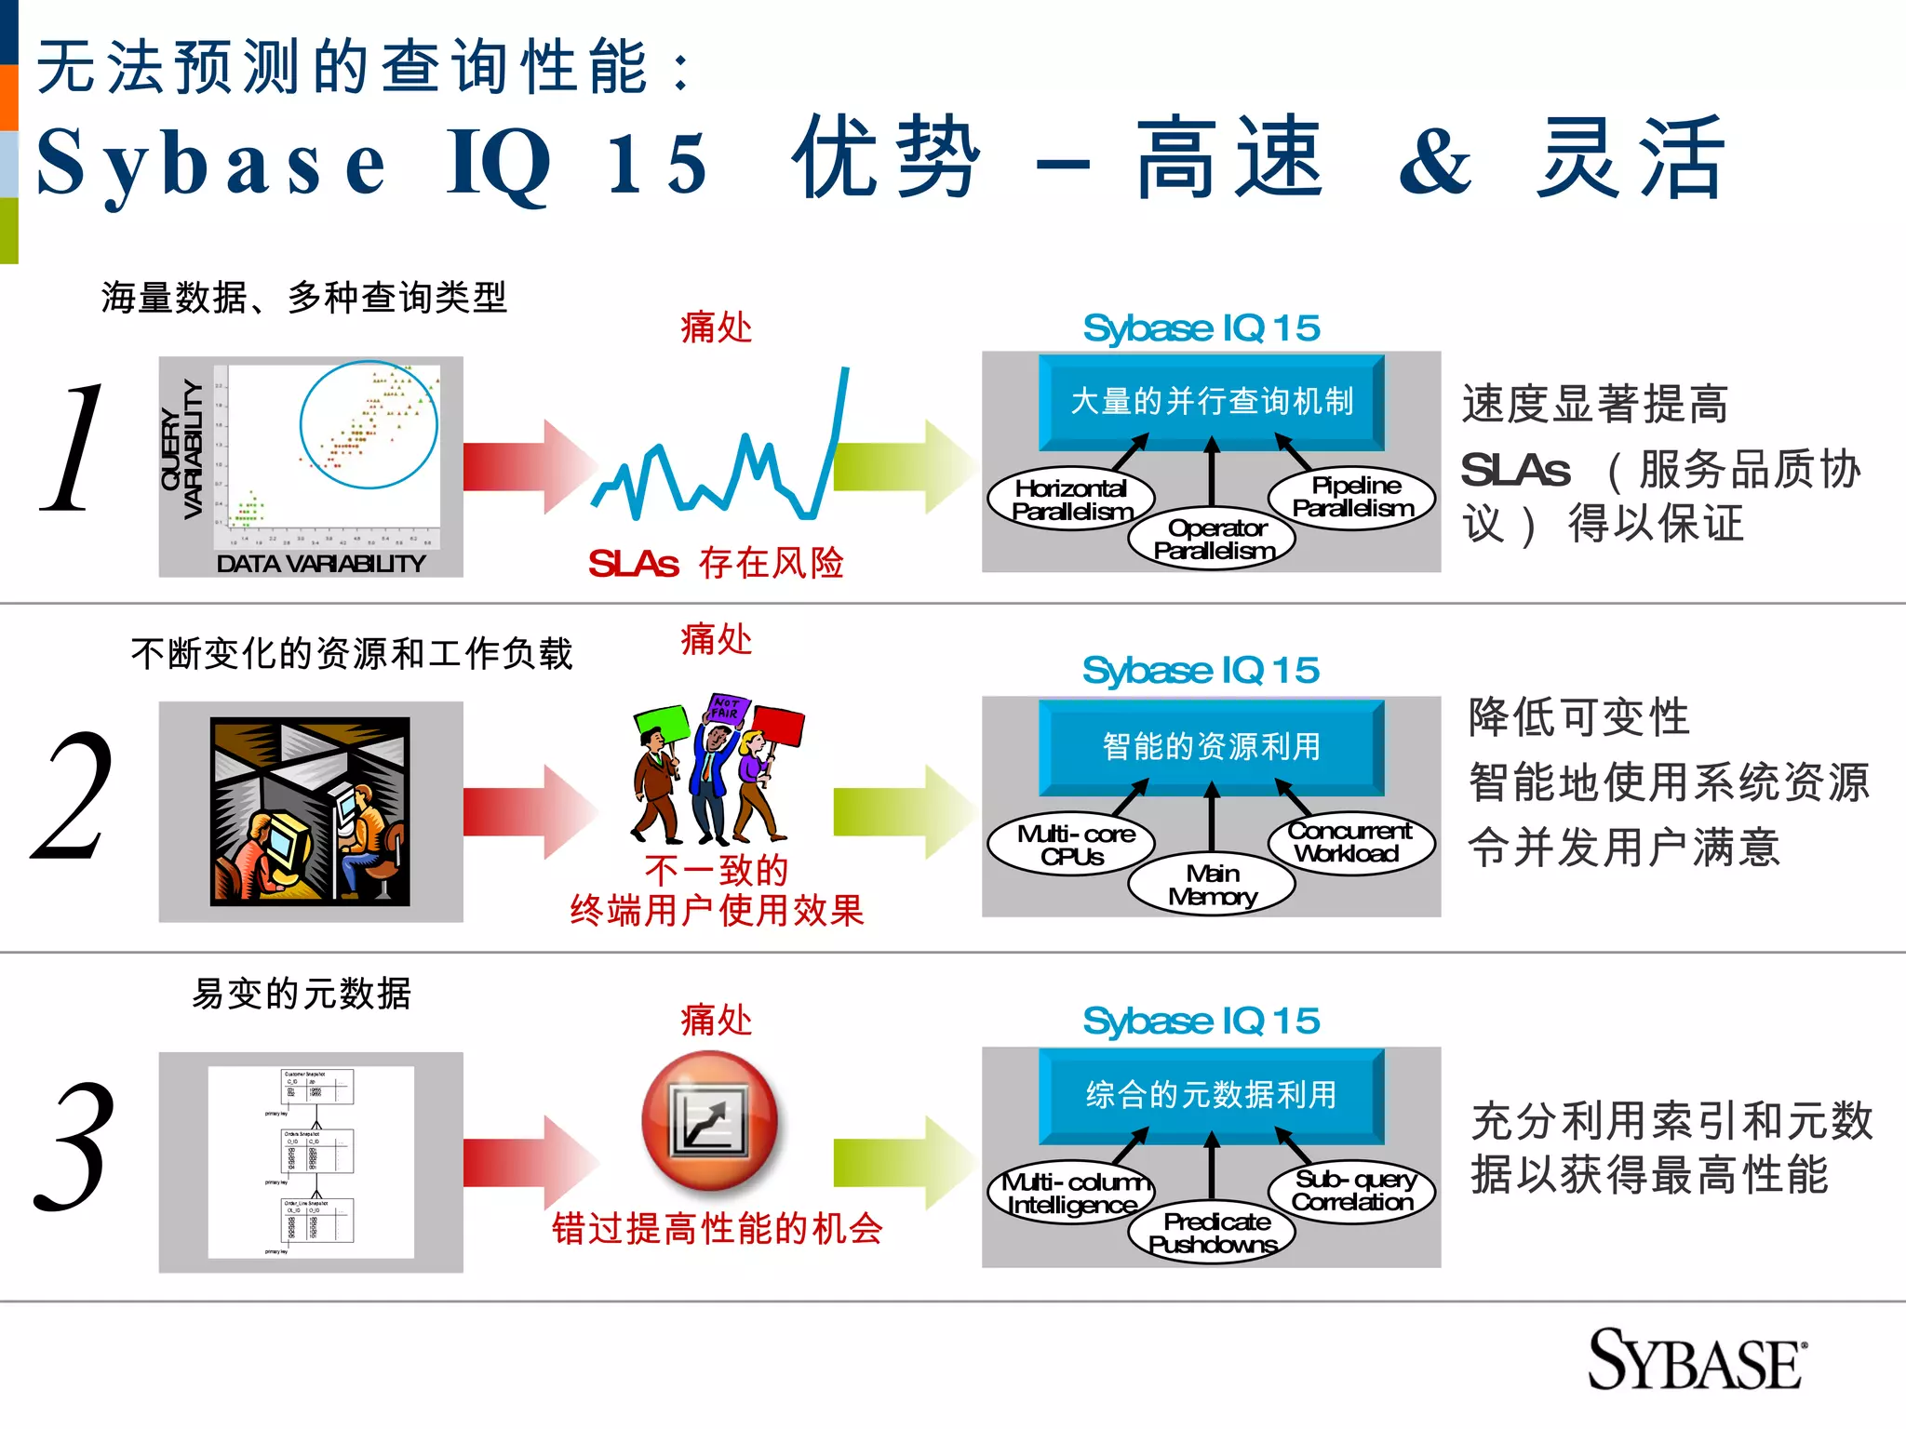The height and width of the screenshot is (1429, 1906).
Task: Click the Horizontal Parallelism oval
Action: tap(1070, 500)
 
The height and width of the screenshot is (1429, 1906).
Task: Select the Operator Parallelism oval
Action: tap(1212, 539)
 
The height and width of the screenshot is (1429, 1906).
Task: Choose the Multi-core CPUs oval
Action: tap(1070, 845)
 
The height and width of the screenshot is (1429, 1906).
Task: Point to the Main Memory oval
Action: tap(1212, 885)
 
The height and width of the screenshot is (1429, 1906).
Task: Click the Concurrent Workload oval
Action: tap(1350, 842)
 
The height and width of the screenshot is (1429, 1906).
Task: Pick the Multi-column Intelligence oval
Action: tap(1071, 1194)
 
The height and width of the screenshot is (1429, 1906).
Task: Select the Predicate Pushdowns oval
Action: tap(1212, 1233)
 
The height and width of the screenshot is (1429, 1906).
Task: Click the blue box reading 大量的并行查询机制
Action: tap(1211, 401)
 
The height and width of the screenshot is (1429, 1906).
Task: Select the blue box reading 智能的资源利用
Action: tap(1211, 746)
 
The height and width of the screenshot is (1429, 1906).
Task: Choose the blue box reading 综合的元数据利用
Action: tap(1211, 1095)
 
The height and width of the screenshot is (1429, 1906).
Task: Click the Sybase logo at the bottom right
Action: tap(1696, 1360)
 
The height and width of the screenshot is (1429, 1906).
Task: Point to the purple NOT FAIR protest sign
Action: tap(728, 709)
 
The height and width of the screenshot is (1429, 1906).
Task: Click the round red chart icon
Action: tap(710, 1120)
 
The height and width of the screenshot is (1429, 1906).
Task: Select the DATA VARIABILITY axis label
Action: tap(319, 564)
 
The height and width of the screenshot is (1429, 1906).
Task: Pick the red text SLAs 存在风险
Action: tap(716, 564)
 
